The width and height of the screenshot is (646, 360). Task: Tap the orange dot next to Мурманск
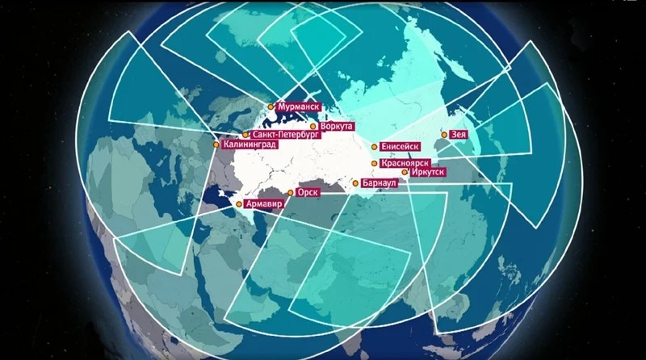271,106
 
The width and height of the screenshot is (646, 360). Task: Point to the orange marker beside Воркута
313,127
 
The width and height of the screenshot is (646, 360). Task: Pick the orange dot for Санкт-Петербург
245,135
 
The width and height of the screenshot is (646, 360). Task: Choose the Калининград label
250,145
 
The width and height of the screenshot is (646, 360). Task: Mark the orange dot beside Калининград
216,145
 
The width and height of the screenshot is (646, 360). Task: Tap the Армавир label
264,205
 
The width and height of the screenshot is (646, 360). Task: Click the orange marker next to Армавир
239,205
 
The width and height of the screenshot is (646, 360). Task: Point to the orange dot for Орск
291,194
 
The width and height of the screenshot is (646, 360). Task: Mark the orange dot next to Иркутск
405,173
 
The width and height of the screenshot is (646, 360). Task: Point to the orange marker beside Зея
443,135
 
